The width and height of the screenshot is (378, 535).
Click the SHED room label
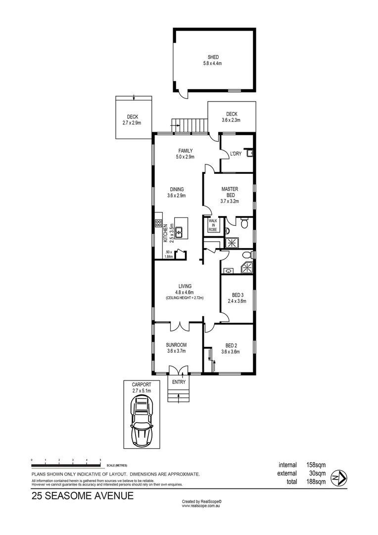(x=213, y=57)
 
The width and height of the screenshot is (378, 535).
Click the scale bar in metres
(x=66, y=464)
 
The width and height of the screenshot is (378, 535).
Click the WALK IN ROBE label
(x=213, y=225)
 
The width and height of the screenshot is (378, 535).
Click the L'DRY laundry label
(x=236, y=154)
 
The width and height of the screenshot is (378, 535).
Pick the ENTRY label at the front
(x=179, y=382)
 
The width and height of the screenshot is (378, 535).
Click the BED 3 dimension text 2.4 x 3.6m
(x=237, y=301)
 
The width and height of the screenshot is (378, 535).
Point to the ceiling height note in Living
(x=185, y=298)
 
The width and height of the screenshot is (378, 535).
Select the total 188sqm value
(x=315, y=482)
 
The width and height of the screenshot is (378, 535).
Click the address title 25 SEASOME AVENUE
(x=82, y=495)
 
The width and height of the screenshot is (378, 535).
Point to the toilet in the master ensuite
(x=244, y=224)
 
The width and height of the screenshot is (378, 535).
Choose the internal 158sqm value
(x=315, y=465)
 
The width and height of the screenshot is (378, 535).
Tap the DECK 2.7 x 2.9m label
(x=132, y=119)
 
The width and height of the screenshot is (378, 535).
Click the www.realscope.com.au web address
(x=201, y=506)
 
